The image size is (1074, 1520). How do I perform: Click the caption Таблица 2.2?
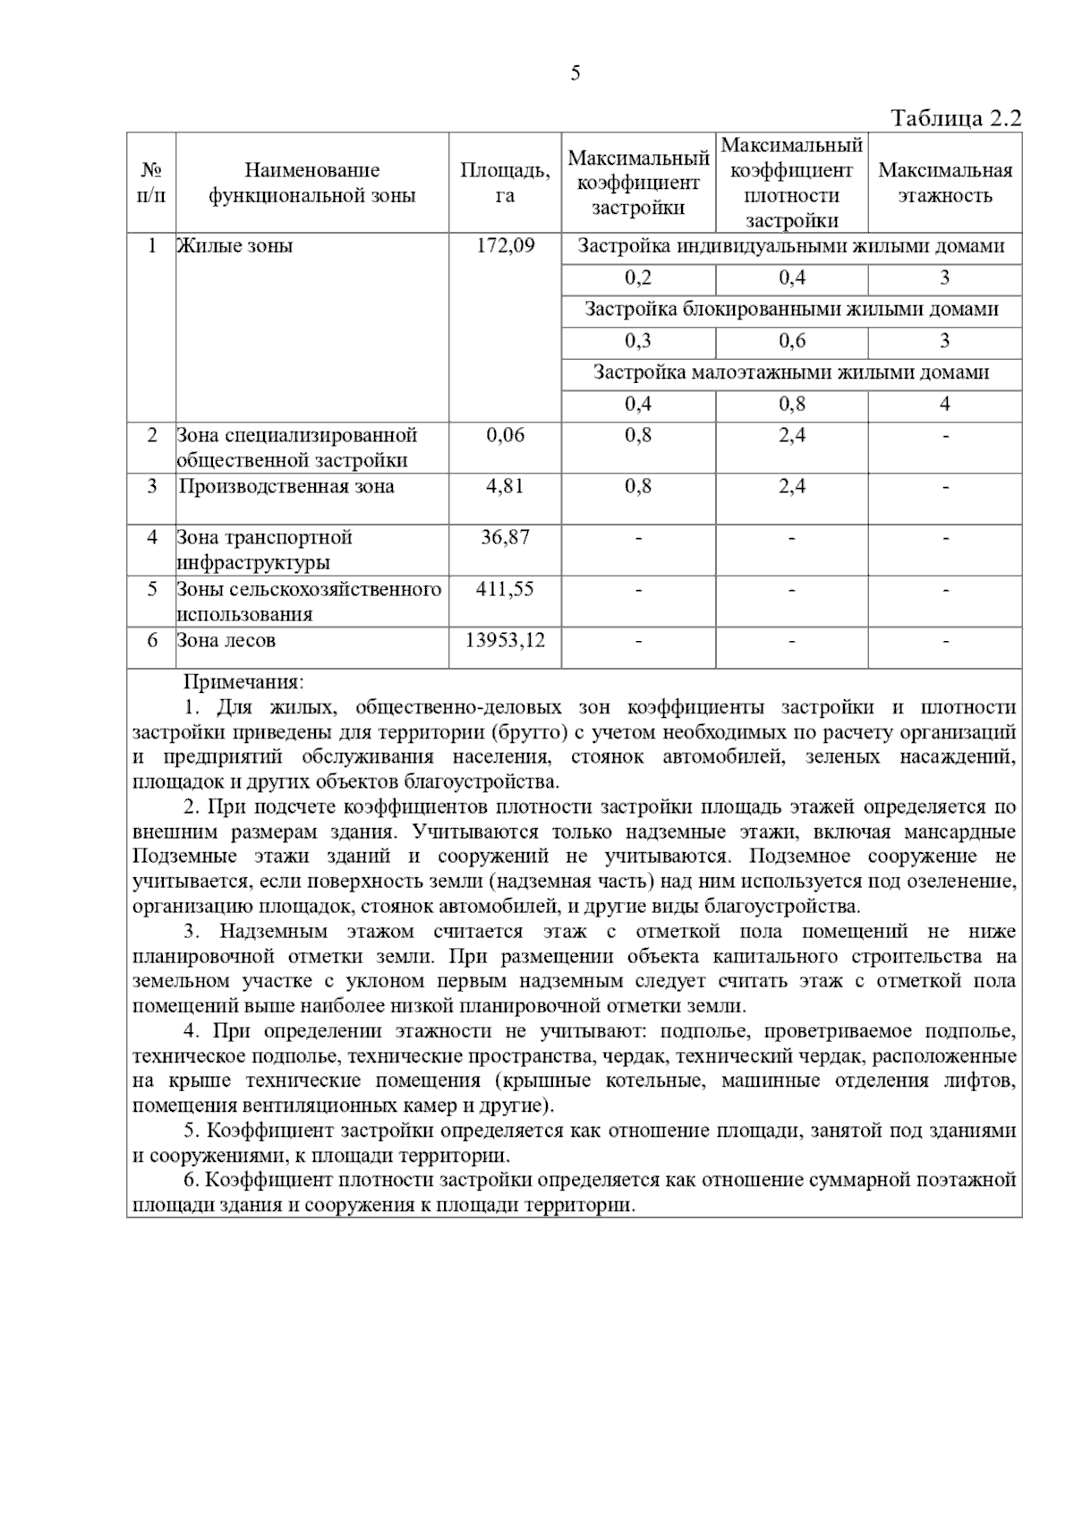pyautogui.click(x=955, y=119)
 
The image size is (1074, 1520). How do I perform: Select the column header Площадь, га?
pyautogui.click(x=505, y=183)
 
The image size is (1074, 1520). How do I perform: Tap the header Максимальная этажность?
pyautogui.click(x=945, y=183)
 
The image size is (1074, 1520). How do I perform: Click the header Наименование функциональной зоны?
pyautogui.click(x=312, y=183)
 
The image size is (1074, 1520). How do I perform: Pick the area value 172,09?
pyautogui.click(x=505, y=246)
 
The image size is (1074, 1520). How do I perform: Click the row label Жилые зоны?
pyautogui.click(x=235, y=246)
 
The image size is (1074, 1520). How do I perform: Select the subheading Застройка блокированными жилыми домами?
pyautogui.click(x=791, y=310)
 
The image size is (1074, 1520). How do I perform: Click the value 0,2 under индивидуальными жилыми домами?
pyautogui.click(x=638, y=278)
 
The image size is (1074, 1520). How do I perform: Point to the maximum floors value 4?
pyautogui.click(x=944, y=405)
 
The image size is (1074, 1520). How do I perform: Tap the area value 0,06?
pyautogui.click(x=505, y=436)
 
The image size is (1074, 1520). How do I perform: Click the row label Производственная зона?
pyautogui.click(x=286, y=487)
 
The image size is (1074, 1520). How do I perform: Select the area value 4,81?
pyautogui.click(x=505, y=487)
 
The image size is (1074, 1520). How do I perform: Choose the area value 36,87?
pyautogui.click(x=505, y=538)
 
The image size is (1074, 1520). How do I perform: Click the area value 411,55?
pyautogui.click(x=505, y=589)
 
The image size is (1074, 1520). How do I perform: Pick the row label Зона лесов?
pyautogui.click(x=226, y=641)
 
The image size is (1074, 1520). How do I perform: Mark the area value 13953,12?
pyautogui.click(x=505, y=641)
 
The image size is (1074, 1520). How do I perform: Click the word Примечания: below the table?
pyautogui.click(x=243, y=683)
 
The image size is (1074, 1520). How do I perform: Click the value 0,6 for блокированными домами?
pyautogui.click(x=791, y=341)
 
